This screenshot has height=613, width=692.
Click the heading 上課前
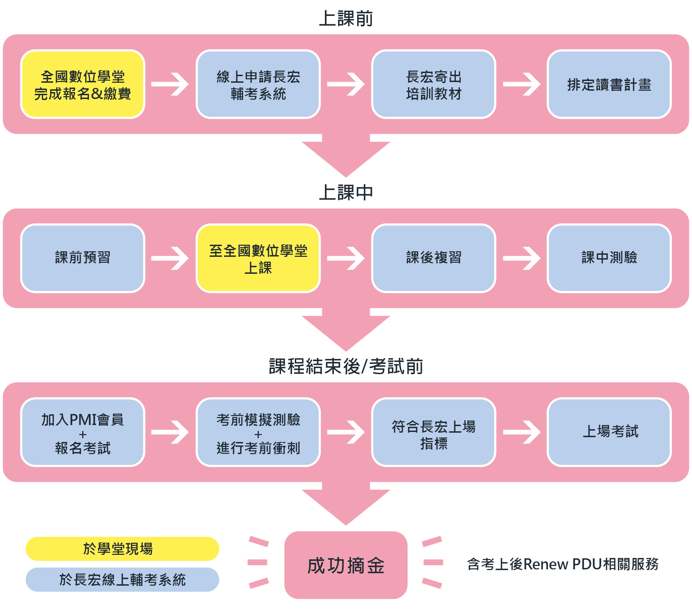pyautogui.click(x=346, y=19)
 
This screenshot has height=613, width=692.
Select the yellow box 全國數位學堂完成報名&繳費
pyautogui.click(x=83, y=84)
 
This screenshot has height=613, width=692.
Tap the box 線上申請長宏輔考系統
pyautogui.click(x=258, y=84)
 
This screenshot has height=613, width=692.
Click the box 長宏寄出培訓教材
pyautogui.click(x=434, y=84)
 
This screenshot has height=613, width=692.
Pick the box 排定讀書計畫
pyautogui.click(x=609, y=84)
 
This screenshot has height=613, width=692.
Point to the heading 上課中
pyautogui.click(x=346, y=193)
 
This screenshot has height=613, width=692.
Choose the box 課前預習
pyautogui.click(x=83, y=258)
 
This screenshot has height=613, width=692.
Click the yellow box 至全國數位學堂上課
pyautogui.click(x=258, y=258)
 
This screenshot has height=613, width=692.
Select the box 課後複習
pyautogui.click(x=434, y=258)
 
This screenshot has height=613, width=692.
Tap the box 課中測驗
pyautogui.click(x=609, y=258)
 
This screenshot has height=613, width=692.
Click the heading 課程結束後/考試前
pyautogui.click(x=346, y=367)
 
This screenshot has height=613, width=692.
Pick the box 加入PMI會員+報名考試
pyautogui.click(x=83, y=432)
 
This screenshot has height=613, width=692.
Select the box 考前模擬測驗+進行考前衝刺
pyautogui.click(x=258, y=432)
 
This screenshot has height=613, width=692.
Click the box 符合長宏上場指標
pyautogui.click(x=434, y=432)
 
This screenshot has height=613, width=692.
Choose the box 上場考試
pyautogui.click(x=609, y=432)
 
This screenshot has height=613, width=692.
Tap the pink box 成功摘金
pyautogui.click(x=346, y=565)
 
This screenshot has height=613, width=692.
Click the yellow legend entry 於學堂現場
pyautogui.click(x=122, y=549)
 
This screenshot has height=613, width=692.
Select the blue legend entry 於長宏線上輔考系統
pyautogui.click(x=122, y=579)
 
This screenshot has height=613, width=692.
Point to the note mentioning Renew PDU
pyautogui.click(x=563, y=564)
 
